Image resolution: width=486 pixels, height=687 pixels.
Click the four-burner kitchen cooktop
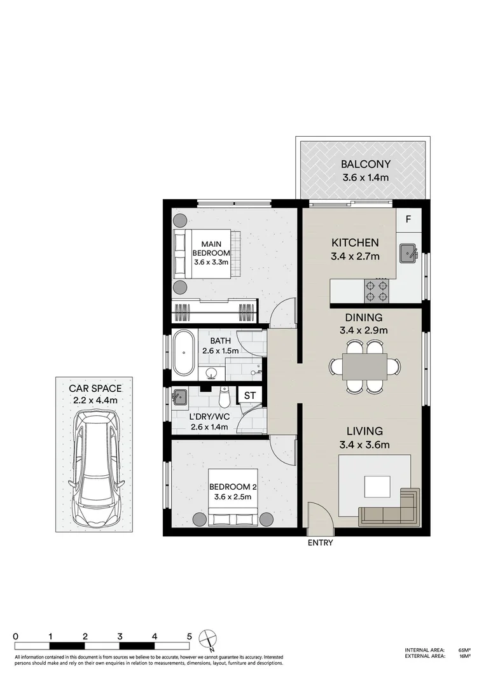click(x=376, y=291)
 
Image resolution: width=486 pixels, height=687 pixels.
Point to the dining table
click(x=365, y=367)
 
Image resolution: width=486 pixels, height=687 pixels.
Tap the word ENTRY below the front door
click(x=320, y=543)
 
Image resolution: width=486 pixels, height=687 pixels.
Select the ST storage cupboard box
click(x=250, y=396)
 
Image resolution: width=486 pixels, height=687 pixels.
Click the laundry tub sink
click(x=180, y=397)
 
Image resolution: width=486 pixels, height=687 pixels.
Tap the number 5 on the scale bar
click(x=190, y=635)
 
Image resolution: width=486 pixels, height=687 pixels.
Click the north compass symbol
click(x=207, y=638)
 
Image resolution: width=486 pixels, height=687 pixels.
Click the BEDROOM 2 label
click(x=233, y=488)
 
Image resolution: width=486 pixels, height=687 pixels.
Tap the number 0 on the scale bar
click(x=15, y=635)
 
